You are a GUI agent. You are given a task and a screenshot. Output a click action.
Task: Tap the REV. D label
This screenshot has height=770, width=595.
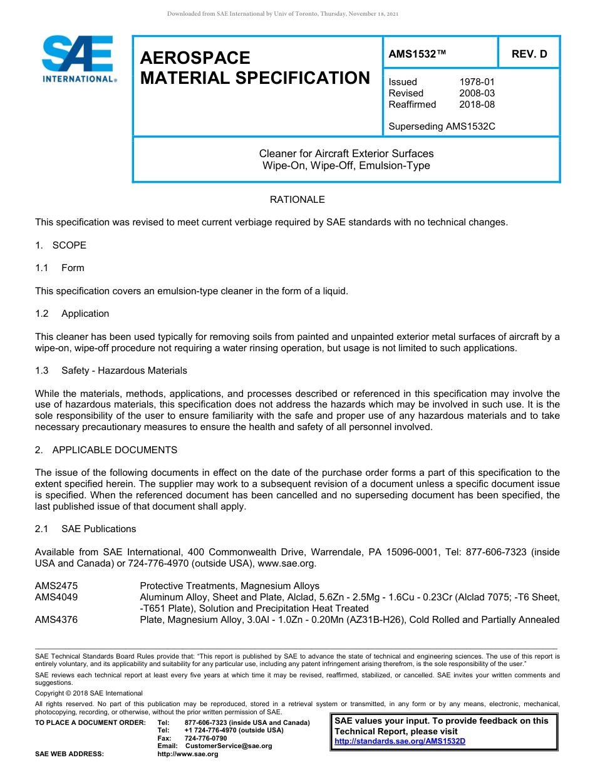point(529,54)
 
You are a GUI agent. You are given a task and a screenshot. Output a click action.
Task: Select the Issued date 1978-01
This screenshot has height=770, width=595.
point(477,82)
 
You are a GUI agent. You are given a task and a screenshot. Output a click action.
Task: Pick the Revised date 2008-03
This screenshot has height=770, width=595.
point(477,93)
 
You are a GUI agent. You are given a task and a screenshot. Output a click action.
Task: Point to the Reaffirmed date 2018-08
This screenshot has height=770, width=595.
point(477,105)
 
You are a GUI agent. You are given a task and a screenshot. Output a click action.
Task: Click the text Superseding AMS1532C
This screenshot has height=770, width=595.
point(442,126)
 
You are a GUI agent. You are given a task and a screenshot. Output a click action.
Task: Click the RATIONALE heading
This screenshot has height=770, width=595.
point(297,200)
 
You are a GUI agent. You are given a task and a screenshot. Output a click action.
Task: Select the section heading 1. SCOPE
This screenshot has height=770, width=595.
point(61,245)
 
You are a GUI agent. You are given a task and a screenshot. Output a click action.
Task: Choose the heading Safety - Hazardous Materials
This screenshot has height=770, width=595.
point(124,371)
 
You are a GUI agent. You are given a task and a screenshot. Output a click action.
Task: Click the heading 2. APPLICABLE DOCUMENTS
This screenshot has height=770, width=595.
point(106,450)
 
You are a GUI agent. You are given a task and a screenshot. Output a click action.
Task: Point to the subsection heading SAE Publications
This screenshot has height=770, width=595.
point(98,529)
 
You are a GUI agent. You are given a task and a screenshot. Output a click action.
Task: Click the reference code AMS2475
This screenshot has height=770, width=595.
point(56,586)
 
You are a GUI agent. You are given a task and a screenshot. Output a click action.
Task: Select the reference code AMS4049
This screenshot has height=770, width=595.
point(56,597)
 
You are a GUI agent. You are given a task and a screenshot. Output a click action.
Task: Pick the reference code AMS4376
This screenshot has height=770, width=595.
point(56,620)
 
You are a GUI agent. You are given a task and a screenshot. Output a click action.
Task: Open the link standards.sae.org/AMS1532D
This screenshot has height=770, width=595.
point(400,741)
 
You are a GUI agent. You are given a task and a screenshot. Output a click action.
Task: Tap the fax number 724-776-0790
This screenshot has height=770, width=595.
point(205,738)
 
